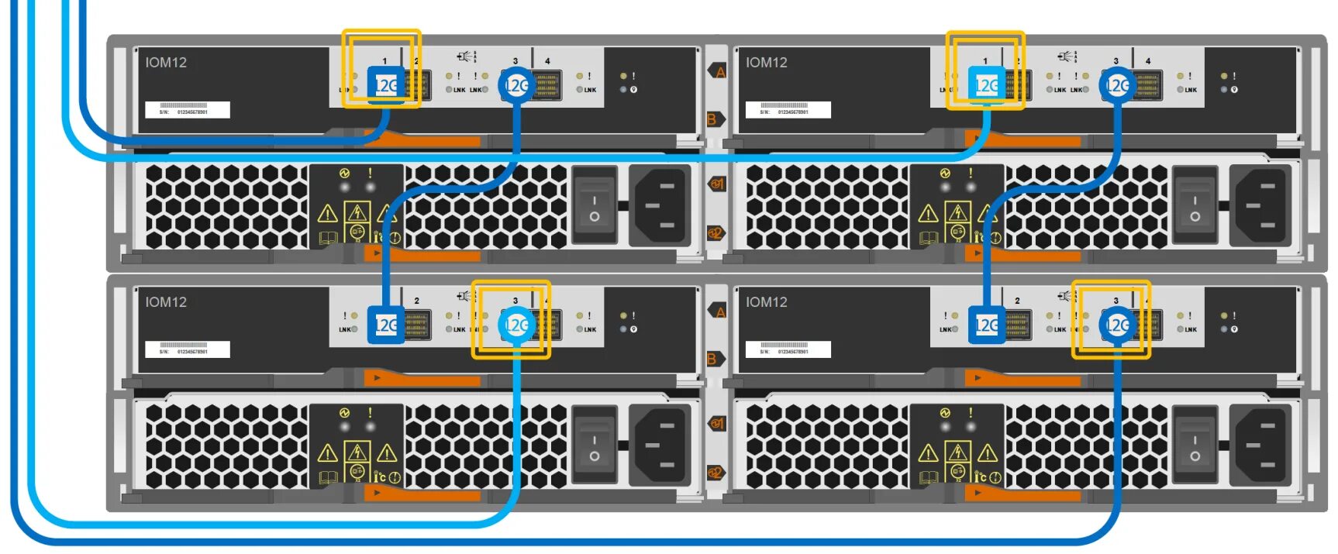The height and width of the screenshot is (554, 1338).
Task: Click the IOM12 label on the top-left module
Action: (166, 63)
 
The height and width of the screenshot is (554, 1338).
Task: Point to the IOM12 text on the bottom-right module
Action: (767, 302)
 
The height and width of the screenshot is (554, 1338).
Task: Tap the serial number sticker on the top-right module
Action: (788, 110)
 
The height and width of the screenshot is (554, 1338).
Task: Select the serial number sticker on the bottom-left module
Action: (188, 349)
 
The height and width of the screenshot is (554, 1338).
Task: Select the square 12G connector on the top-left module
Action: (385, 84)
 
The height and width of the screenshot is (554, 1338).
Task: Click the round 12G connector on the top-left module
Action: (517, 84)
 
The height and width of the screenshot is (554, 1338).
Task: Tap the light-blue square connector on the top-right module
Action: (986, 84)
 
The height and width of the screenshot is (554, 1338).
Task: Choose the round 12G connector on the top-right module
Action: (1117, 84)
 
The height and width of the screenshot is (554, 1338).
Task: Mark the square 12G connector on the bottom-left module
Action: (385, 325)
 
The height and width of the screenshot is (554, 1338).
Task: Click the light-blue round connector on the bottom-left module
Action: (517, 325)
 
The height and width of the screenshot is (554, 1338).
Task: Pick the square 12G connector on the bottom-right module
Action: (986, 325)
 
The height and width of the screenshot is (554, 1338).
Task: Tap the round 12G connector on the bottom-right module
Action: (1117, 325)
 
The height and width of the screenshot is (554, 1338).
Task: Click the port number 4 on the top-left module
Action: (547, 61)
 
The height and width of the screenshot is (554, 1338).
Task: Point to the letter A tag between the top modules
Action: (719, 72)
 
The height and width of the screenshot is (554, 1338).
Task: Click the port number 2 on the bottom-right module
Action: (1017, 301)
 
